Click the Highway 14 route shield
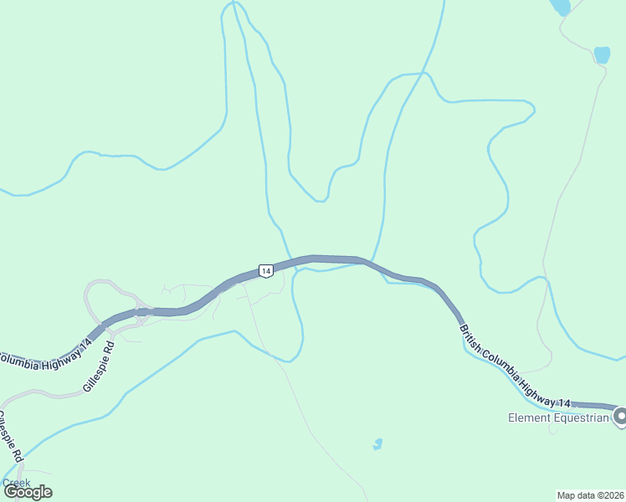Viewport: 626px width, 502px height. click(264, 270)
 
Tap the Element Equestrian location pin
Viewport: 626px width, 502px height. click(621, 416)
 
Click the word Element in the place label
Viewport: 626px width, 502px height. click(529, 417)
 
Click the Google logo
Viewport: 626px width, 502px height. click(28, 492)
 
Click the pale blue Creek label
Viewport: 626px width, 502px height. click(16, 483)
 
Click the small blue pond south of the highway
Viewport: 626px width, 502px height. click(378, 443)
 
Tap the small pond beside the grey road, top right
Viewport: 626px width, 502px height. click(602, 55)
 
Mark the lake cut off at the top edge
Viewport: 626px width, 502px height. click(560, 7)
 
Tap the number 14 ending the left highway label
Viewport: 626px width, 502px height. click(86, 344)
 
